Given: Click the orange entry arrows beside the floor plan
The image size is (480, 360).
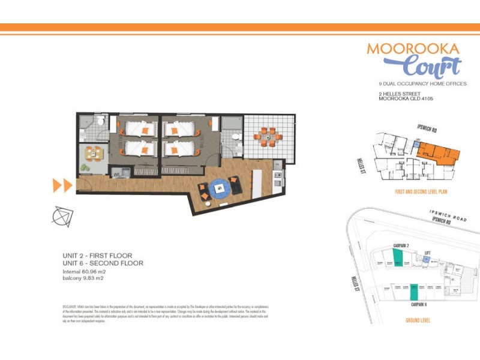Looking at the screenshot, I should (62, 185).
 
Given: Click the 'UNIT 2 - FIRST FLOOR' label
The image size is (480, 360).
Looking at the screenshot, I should (97, 256).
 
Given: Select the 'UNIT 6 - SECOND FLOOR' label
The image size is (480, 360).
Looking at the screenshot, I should (103, 263).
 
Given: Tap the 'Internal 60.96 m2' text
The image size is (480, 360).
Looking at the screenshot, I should (88, 272).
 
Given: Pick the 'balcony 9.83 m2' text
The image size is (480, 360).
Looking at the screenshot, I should (88, 279).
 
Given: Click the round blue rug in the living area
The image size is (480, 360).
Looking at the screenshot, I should (220, 187).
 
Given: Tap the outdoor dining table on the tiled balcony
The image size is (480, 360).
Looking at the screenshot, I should (267, 135).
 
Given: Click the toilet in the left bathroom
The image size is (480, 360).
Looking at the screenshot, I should (102, 122).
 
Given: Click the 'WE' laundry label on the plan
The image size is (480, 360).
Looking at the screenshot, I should (118, 174).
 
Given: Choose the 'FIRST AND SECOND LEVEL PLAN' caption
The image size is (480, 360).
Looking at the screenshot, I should (421, 192).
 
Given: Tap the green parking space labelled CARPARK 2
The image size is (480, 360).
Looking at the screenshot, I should (398, 259).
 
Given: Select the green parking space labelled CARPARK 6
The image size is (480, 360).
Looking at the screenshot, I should (414, 292).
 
